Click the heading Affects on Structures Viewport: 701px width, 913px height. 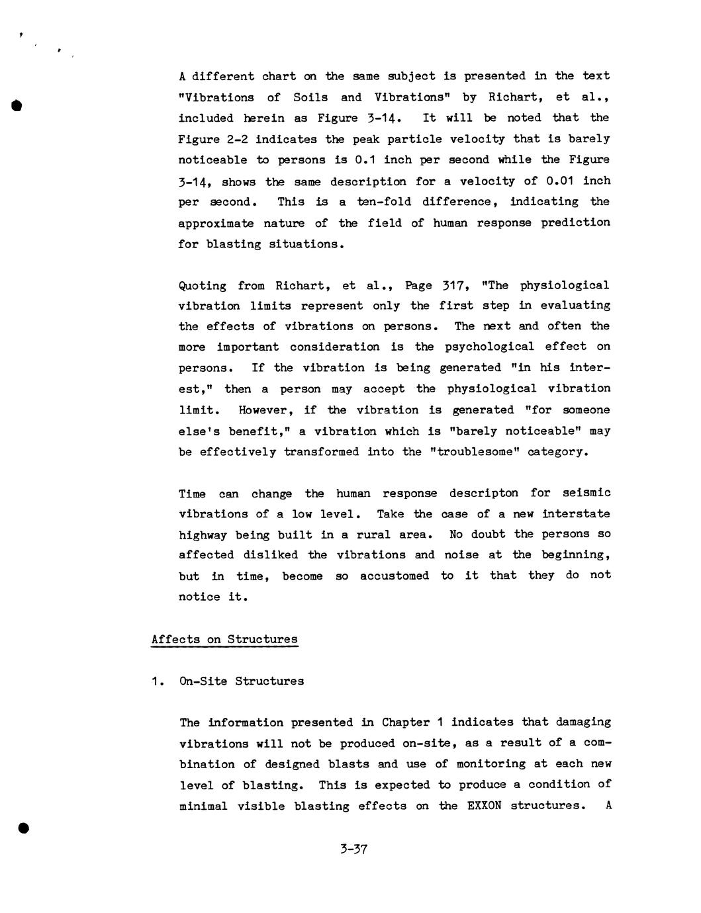coord(224,640)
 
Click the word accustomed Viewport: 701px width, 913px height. coord(395,576)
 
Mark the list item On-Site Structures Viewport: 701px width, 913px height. coord(241,681)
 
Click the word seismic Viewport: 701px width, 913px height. coord(586,494)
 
